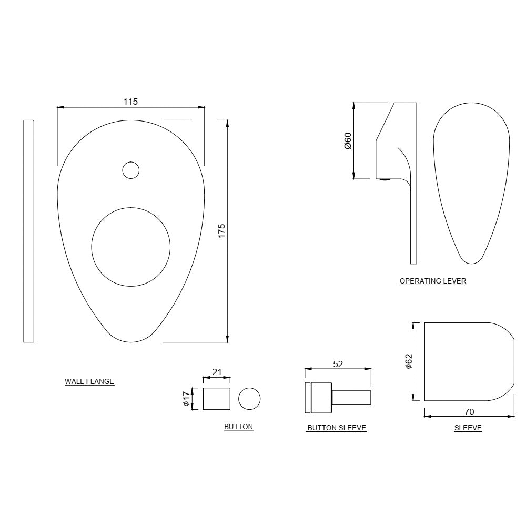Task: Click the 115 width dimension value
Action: [130, 102]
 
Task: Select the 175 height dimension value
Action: [221, 231]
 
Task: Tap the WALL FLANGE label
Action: [89, 381]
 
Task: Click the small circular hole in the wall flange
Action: [130, 170]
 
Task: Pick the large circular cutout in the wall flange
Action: [131, 246]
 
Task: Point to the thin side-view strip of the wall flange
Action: [29, 231]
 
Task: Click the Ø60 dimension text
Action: [348, 140]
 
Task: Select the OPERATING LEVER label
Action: [433, 281]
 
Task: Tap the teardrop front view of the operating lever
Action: [471, 179]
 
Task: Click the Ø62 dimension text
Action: [409, 361]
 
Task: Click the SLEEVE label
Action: [468, 428]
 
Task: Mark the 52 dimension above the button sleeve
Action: [338, 364]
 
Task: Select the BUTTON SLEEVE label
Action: [337, 428]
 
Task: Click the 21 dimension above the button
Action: [217, 372]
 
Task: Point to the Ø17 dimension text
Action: [186, 399]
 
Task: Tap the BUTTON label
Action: [238, 427]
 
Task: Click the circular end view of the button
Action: [249, 399]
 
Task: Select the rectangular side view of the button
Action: [217, 399]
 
